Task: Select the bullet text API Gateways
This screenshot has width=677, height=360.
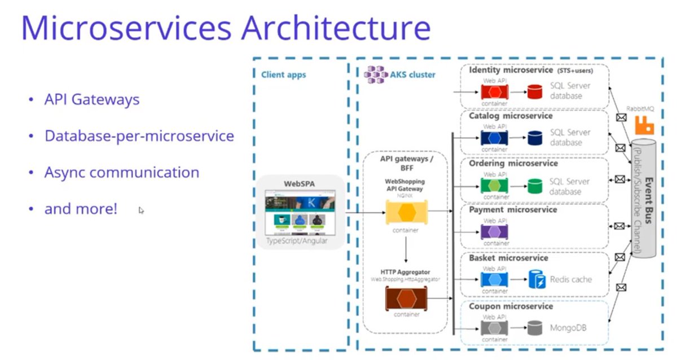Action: point(92,100)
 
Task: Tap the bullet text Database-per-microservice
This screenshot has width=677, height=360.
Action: point(139,136)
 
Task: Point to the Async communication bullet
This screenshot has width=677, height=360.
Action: point(121,172)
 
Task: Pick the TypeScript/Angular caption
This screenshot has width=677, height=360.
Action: point(297,242)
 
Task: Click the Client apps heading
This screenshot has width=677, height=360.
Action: point(283,74)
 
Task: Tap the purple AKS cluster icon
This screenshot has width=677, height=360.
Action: point(375,73)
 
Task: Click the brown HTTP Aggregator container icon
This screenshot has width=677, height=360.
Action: point(406,298)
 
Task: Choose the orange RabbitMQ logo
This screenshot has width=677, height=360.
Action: point(643,124)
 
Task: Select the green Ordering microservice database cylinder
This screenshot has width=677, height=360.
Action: point(534,186)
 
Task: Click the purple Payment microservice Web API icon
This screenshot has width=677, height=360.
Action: point(494,232)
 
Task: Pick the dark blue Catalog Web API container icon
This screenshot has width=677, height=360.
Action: point(494,138)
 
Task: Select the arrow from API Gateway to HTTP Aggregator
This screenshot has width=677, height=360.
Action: point(406,249)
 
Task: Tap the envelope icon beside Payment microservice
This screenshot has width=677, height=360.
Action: point(619,226)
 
